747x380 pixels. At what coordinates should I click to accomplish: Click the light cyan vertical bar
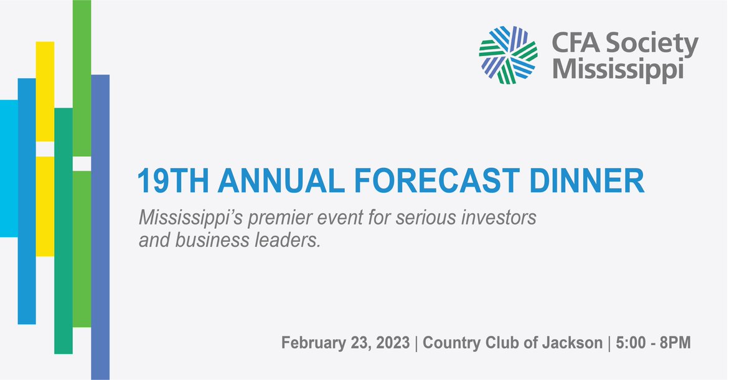click(x=9, y=168)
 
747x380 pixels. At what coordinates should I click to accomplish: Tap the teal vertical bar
click(x=63, y=230)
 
